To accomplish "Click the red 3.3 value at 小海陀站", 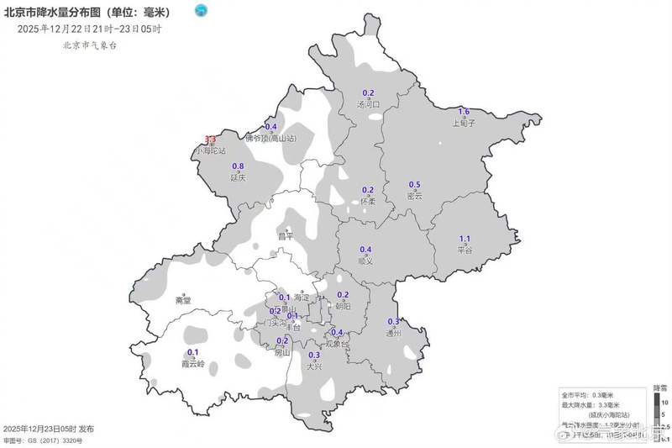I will pos(211,140).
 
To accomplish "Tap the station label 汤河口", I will pos(369,104).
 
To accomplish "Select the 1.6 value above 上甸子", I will pos(464,112).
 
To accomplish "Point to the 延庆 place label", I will pos(238,177).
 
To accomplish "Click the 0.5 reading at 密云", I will pos(414,185).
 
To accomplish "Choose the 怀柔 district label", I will pos(367,201).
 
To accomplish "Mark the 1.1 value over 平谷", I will pos(465,239).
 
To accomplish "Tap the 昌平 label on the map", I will pos(286,237).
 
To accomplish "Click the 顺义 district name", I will pos(365,261).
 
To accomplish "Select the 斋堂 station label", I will pos(183,300).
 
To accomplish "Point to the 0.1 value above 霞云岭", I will pos(192,352).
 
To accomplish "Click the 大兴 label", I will pos(314,366).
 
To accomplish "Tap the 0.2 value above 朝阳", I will pos(343,295).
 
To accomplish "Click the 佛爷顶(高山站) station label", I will pos(271,138).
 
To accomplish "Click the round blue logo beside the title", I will pos(201,11).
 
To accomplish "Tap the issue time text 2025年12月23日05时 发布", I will pos(49,429).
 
